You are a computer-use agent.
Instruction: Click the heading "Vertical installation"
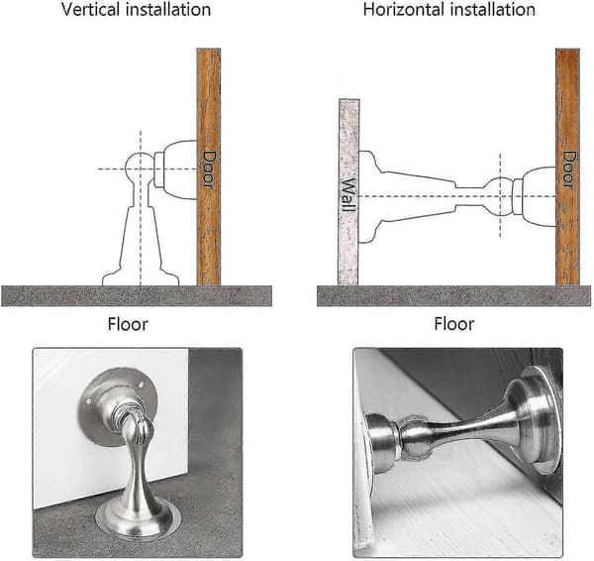pos(136,10)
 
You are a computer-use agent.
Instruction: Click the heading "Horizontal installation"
pos(449,10)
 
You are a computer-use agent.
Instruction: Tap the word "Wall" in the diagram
pos(348,194)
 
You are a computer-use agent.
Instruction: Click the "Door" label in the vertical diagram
pos(208,168)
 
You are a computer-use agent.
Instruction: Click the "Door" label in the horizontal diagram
pos(567,169)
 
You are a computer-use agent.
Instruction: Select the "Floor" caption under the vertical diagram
pos(128,325)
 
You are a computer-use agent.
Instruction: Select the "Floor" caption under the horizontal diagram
pos(453,325)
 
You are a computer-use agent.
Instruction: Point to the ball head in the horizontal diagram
pos(500,196)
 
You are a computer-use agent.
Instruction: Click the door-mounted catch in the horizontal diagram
pos(535,196)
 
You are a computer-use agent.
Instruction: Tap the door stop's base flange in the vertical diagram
pos(141,278)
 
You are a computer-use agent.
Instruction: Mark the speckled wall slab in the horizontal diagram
pos(348,192)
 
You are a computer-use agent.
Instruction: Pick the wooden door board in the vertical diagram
pos(208,167)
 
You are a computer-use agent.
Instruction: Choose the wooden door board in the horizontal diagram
pos(567,167)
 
